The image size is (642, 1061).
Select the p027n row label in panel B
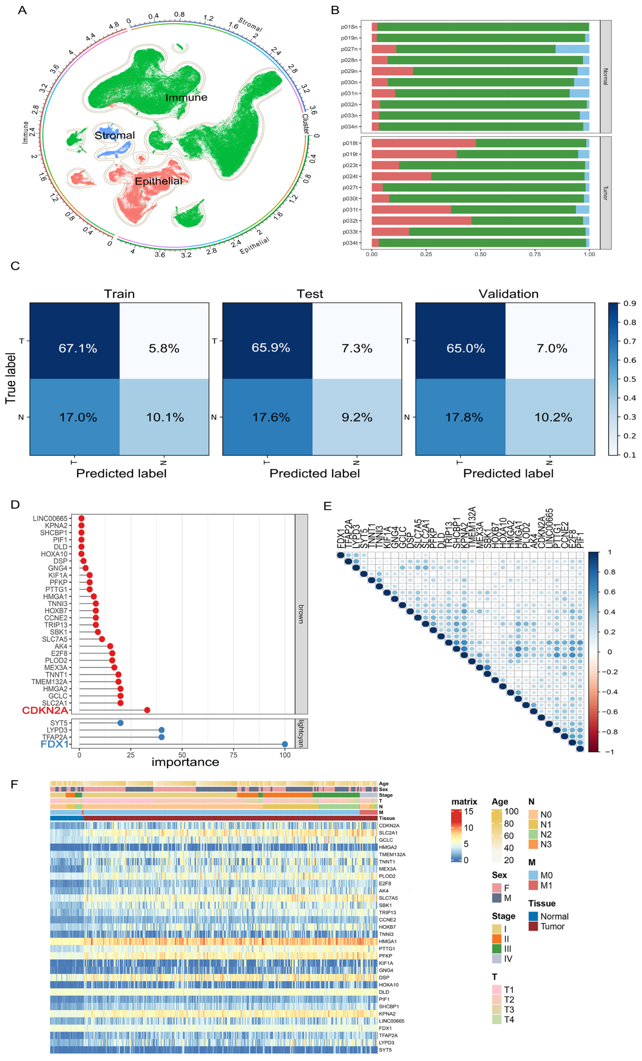tap(349, 49)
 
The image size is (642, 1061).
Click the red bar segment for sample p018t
tap(423, 143)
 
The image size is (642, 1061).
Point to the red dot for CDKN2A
tap(147, 710)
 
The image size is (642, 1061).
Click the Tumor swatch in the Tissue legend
tap(533, 926)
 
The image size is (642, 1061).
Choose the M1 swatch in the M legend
tap(533, 885)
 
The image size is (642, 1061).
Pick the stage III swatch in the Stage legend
tap(497, 949)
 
